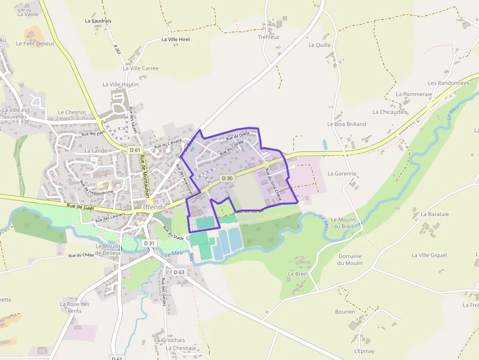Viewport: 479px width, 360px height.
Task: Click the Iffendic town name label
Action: pyautogui.click(x=155, y=207)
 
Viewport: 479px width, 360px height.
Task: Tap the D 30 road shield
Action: pyautogui.click(x=227, y=178)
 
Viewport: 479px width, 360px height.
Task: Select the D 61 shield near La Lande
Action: pyautogui.click(x=135, y=150)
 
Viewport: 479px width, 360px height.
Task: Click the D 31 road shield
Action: pyautogui.click(x=149, y=243)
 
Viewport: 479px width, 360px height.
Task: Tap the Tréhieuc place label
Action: pyautogui.click(x=269, y=37)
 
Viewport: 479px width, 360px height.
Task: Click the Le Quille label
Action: pyautogui.click(x=320, y=45)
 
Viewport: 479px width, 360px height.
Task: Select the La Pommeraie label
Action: pyautogui.click(x=414, y=94)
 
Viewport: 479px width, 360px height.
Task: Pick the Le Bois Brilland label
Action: pyautogui.click(x=347, y=124)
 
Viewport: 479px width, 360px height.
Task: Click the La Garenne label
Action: pyautogui.click(x=342, y=173)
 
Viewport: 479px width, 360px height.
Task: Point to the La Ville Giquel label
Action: pyautogui.click(x=429, y=255)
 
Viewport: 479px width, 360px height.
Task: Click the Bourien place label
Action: pyautogui.click(x=345, y=311)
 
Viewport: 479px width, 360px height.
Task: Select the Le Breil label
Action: pyautogui.click(x=297, y=274)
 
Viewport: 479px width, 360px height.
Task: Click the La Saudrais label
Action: pyautogui.click(x=98, y=21)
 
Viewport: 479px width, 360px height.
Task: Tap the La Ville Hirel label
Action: pyautogui.click(x=175, y=39)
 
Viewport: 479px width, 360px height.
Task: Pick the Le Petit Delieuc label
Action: pyautogui.click(x=35, y=43)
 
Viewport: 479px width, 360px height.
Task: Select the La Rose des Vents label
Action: pyautogui.click(x=75, y=307)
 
